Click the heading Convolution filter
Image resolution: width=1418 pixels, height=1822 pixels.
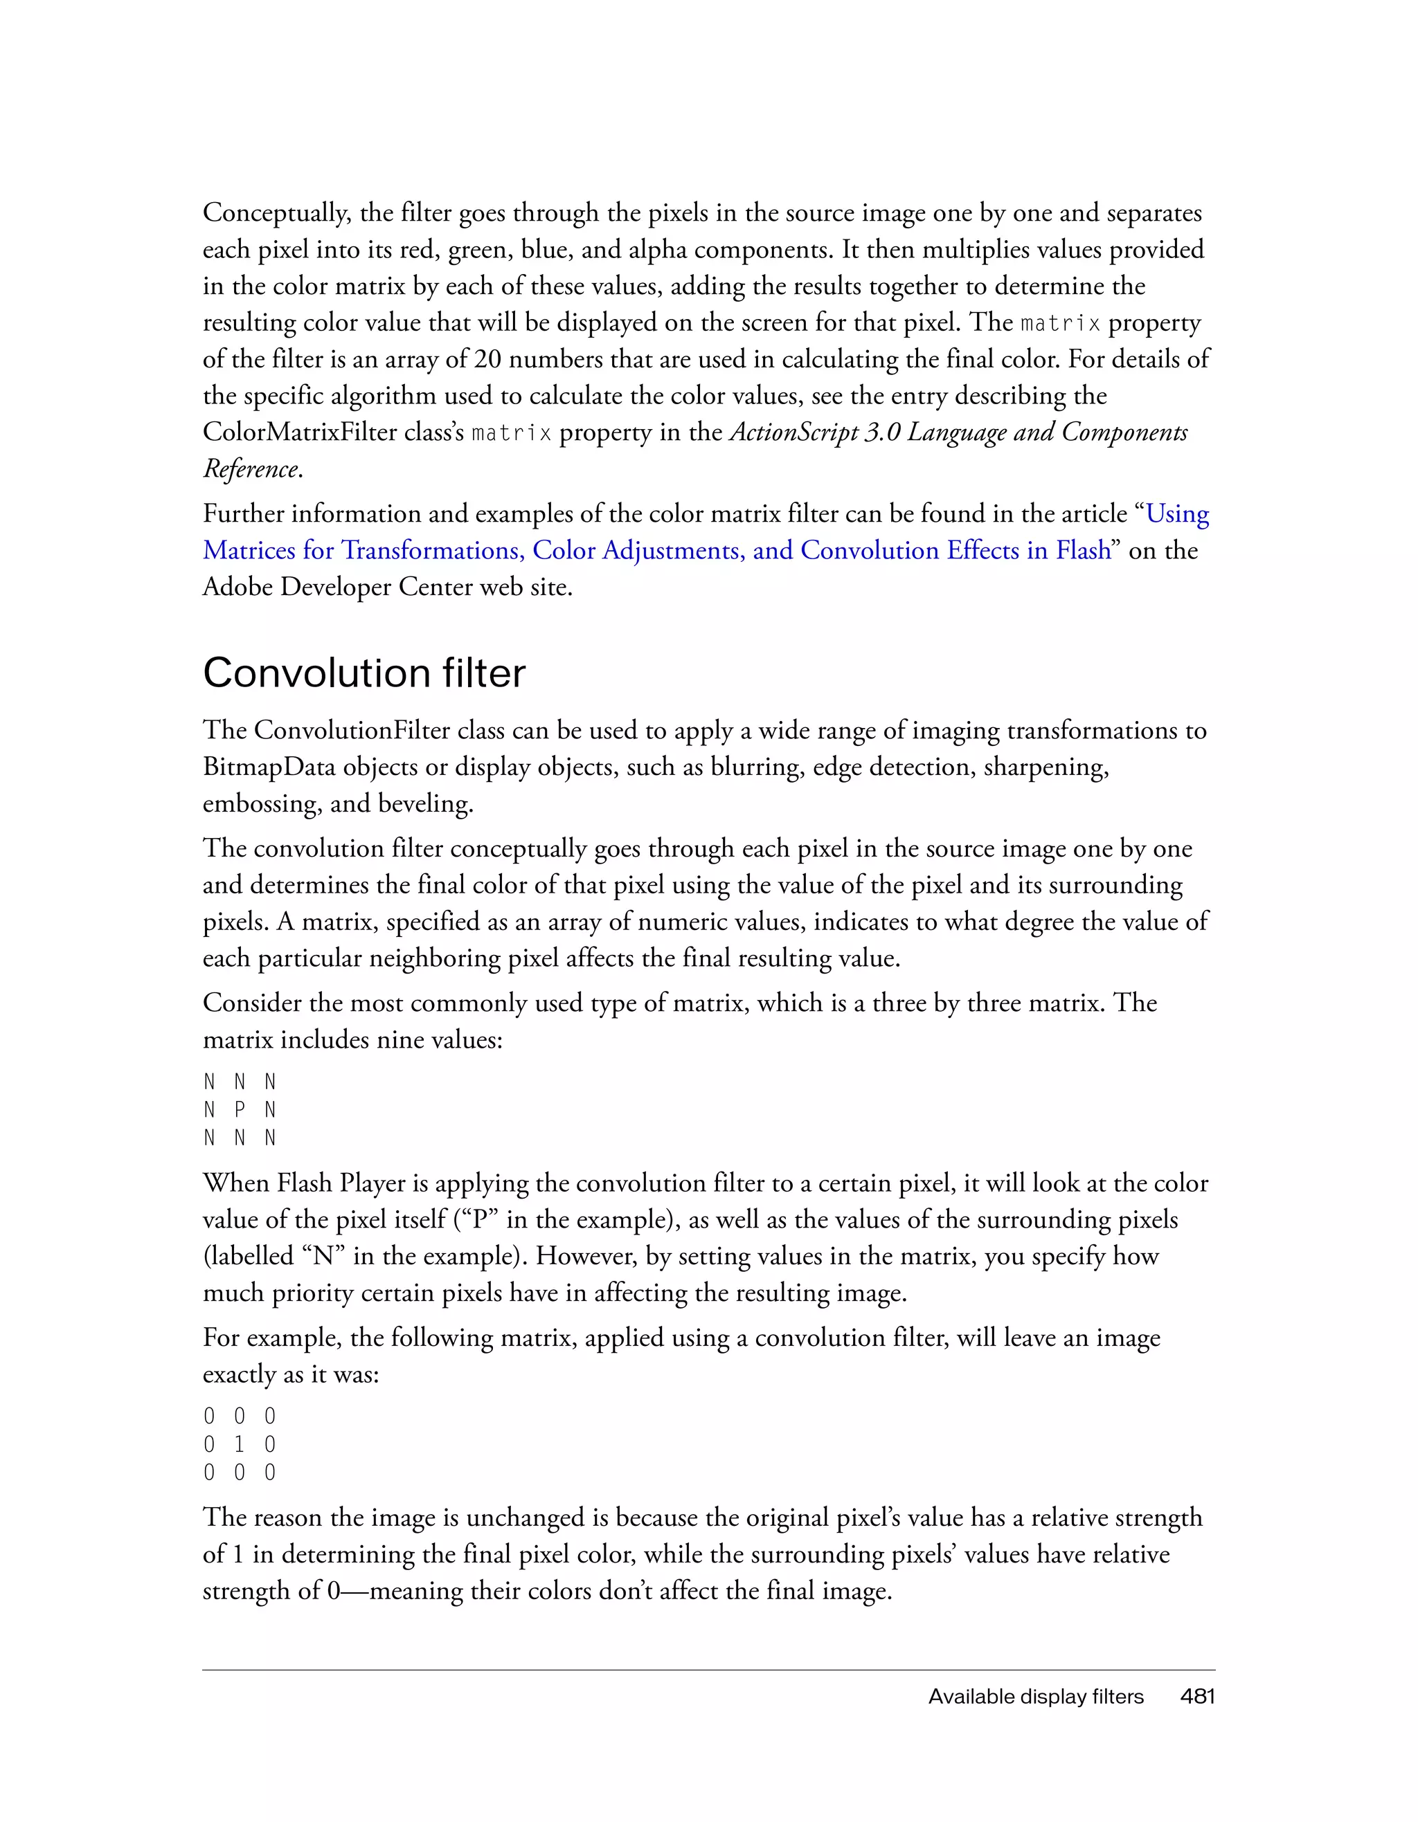[x=364, y=673]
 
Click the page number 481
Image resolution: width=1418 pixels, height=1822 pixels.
[x=1197, y=1697]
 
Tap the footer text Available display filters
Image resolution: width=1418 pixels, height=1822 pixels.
[x=1035, y=1697]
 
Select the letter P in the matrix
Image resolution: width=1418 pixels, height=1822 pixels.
[x=240, y=1109]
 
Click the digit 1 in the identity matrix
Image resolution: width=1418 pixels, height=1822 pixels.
[x=240, y=1444]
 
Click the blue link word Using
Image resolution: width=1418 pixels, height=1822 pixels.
[x=1177, y=514]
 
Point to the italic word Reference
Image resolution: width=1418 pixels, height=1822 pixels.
[x=251, y=469]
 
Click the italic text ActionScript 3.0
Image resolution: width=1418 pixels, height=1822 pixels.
[x=814, y=432]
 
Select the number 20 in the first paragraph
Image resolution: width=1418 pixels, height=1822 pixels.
[x=487, y=358]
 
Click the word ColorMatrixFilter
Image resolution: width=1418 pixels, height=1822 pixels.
[x=333, y=432]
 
